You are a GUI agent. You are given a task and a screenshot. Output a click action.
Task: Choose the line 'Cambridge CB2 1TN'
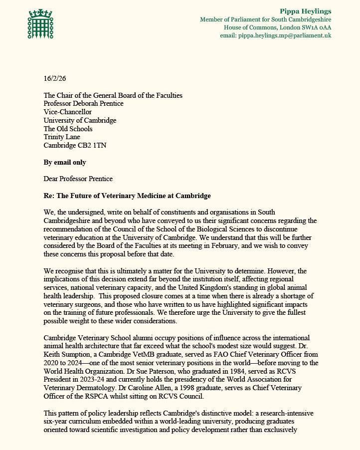(74, 146)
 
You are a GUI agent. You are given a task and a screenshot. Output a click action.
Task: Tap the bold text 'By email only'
(65, 162)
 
